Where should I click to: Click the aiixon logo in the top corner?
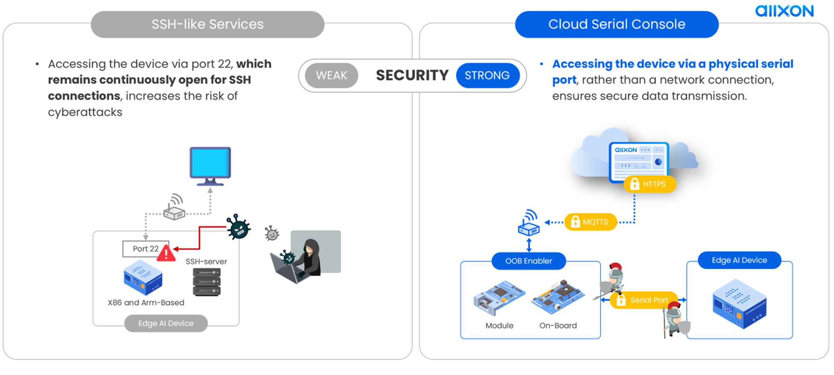click(784, 11)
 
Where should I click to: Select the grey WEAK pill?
click(331, 75)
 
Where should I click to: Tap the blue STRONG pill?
click(487, 75)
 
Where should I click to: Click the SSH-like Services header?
click(208, 24)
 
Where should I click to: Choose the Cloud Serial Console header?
click(616, 24)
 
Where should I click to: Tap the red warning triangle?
click(166, 253)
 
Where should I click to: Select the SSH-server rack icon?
click(207, 282)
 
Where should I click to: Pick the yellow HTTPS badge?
click(649, 184)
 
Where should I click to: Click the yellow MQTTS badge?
click(590, 222)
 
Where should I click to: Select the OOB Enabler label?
click(528, 261)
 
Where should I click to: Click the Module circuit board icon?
click(499, 297)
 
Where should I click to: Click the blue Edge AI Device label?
click(739, 260)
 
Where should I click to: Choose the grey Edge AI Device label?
click(166, 323)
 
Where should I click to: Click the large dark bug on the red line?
click(238, 227)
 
